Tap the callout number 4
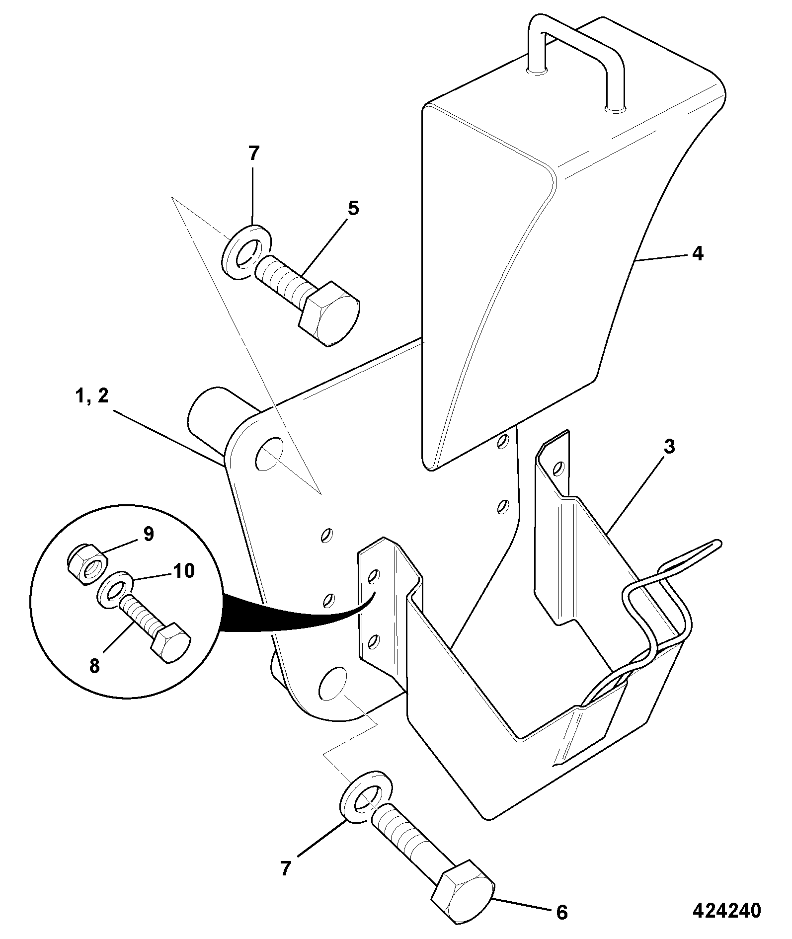(x=698, y=254)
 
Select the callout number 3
(x=669, y=447)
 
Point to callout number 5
(x=352, y=209)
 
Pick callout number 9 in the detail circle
(x=149, y=534)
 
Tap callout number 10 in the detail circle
(x=183, y=571)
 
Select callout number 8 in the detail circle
(x=95, y=666)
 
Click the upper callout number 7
(x=254, y=154)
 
